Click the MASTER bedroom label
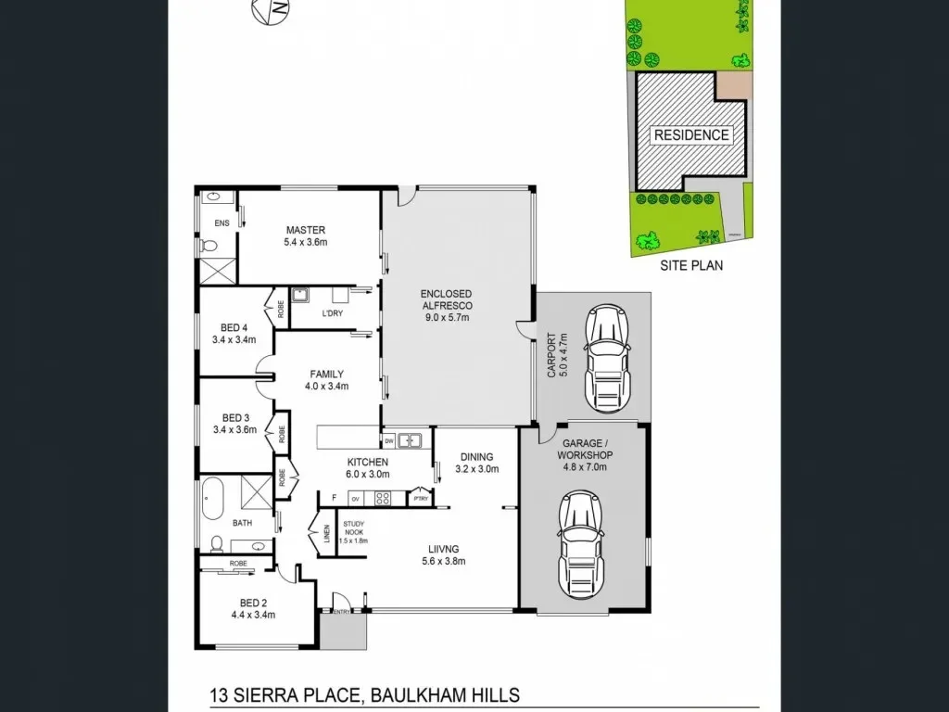[305, 230]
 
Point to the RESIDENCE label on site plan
[691, 134]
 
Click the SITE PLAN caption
[691, 265]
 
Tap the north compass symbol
[270, 10]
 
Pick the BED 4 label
[234, 327]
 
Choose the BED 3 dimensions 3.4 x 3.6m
[234, 429]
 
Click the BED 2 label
[253, 601]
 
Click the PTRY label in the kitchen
[421, 499]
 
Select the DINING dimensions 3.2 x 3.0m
[476, 469]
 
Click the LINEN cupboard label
[326, 536]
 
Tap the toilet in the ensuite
[209, 247]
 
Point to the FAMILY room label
[326, 375]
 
